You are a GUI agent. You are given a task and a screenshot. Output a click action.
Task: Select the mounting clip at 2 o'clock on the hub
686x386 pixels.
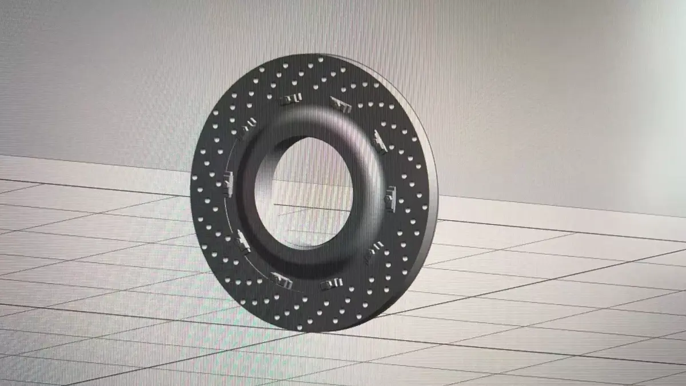pos(380,141)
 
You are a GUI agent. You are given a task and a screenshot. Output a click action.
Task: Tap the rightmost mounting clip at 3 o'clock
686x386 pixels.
pos(391,196)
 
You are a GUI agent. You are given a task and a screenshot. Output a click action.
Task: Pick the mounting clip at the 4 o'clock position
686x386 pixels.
pos(374,250)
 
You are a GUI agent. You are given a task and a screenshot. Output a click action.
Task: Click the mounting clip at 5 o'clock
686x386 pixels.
pos(329,284)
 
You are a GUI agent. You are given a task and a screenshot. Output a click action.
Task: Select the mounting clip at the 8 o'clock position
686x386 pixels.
pos(242,241)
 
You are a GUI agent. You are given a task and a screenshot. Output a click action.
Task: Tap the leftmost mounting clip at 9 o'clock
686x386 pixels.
pos(228,184)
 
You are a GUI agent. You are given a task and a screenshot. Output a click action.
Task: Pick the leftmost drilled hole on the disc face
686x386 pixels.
pos(195,192)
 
